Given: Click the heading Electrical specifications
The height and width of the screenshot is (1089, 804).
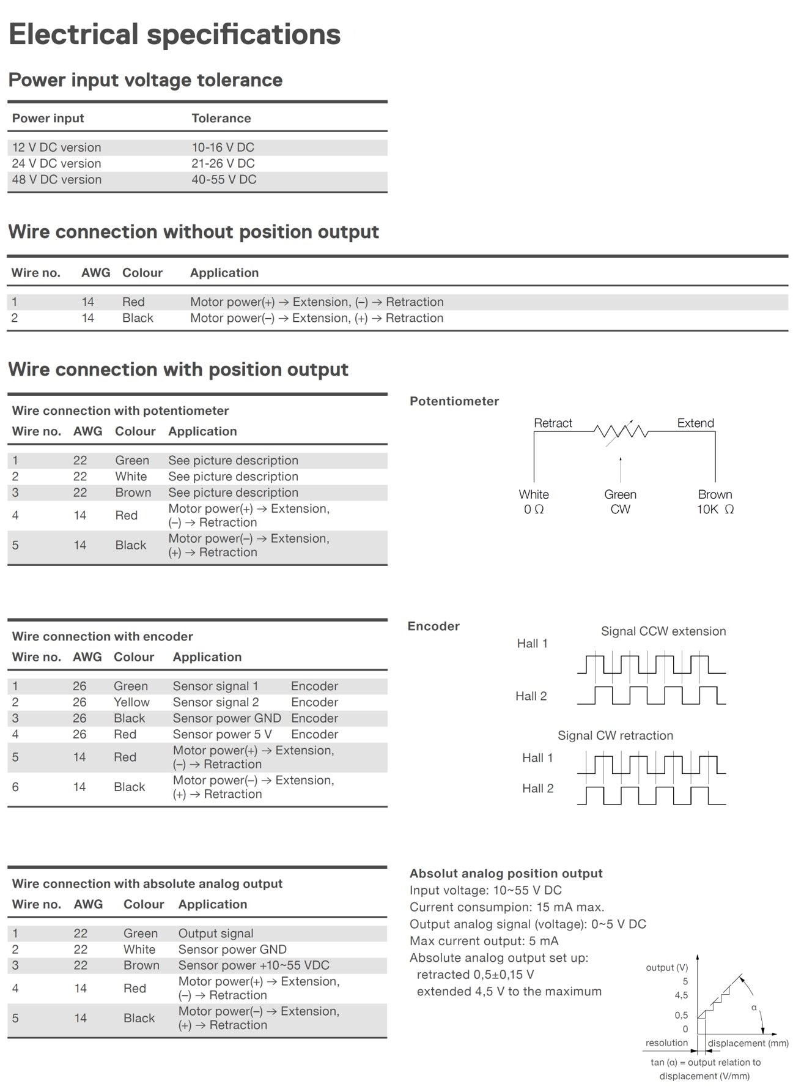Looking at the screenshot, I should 174,34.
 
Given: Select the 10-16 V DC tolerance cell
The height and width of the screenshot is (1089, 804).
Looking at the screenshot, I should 223,147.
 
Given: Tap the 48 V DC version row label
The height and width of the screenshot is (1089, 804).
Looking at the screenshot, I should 57,179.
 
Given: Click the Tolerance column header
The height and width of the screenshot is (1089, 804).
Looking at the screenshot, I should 221,118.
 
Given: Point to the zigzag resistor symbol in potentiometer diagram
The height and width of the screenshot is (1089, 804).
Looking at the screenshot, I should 621,431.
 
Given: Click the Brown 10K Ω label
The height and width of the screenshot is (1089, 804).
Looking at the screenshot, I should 715,502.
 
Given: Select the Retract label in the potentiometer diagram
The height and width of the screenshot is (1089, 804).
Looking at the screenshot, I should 553,423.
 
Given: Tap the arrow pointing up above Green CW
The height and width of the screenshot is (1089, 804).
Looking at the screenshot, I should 621,469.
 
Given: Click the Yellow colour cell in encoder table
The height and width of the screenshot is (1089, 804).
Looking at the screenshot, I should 131,702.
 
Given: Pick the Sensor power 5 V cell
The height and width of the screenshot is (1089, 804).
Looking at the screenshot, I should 222,734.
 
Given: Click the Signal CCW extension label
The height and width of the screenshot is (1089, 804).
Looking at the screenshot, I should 663,631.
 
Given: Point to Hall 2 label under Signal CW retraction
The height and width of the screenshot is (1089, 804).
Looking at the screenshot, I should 537,788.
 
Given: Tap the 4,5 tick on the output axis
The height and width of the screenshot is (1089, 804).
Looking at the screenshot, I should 681,995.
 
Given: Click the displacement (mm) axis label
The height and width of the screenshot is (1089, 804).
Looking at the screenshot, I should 748,1043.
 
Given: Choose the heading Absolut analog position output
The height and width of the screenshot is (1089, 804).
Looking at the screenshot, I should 506,873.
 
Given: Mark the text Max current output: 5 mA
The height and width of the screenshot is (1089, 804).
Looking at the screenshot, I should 484,941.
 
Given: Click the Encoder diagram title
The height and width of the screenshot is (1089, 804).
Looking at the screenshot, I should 433,626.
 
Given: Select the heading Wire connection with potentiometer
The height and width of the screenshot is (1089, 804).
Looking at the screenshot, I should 120,411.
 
